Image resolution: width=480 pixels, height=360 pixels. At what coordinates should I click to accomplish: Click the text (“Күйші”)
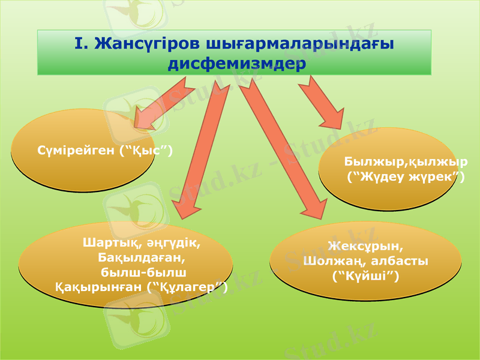click(x=365, y=276)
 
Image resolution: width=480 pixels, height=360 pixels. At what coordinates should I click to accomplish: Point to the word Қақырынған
click(x=99, y=287)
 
